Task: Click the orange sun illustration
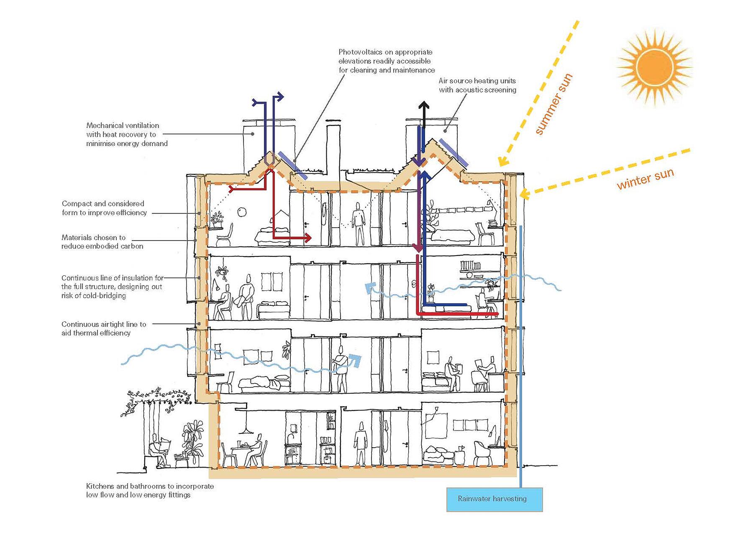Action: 654,67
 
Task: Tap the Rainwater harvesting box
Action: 494,499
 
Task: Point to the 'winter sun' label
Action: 645,179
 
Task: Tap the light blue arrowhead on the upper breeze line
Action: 369,288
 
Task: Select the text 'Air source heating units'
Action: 477,81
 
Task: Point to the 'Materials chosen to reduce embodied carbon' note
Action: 102,242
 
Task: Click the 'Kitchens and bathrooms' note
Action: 150,490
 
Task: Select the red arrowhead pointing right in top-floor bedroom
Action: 308,238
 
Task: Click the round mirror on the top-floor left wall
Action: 242,212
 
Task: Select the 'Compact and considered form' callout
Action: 105,208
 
